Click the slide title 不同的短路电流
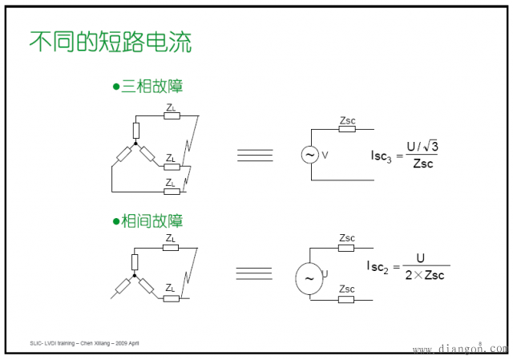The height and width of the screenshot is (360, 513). [x=111, y=42]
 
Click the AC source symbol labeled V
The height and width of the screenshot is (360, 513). [x=309, y=155]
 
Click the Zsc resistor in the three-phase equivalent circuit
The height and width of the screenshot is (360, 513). [x=346, y=130]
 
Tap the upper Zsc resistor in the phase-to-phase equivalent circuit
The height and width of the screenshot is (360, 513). [x=346, y=247]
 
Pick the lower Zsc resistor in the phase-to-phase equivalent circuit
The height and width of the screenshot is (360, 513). [x=346, y=299]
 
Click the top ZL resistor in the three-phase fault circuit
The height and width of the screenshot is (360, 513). [x=172, y=115]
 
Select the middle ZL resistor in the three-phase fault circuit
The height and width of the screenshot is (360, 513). [x=171, y=167]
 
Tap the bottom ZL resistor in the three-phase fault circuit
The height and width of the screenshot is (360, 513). [x=171, y=192]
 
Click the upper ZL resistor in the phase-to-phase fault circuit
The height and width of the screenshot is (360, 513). [x=171, y=248]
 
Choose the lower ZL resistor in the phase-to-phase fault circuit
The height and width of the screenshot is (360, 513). [x=171, y=298]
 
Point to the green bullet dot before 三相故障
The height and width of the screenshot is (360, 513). [x=115, y=87]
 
